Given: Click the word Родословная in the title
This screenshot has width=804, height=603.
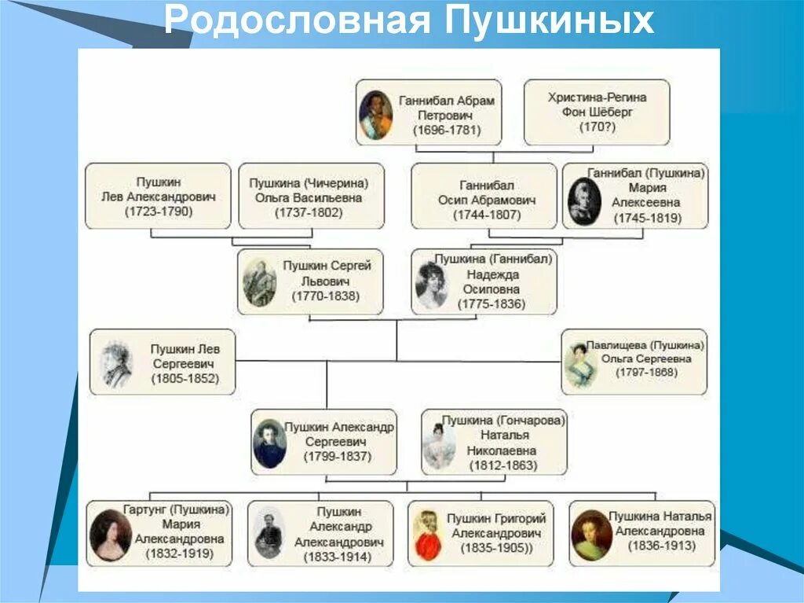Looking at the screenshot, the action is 298,21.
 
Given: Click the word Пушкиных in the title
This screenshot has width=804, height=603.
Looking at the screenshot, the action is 550,21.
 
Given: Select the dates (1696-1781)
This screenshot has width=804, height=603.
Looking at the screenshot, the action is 447,131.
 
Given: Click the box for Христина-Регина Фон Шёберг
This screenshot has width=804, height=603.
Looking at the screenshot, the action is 596,112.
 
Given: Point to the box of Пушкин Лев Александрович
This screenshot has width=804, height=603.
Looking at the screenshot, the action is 158,196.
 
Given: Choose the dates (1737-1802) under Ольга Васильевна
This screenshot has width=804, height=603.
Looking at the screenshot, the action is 311,212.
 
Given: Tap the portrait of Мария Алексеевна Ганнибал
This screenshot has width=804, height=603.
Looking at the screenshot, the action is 584,201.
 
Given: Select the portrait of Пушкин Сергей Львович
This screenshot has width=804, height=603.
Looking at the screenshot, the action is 259,282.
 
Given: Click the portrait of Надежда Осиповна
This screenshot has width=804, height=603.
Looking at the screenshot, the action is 432,284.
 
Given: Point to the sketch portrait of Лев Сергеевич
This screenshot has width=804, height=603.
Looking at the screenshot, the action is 117,363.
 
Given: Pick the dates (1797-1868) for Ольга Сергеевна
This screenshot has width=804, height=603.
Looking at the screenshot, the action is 646,371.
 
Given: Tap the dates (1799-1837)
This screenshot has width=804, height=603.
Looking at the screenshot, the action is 338,457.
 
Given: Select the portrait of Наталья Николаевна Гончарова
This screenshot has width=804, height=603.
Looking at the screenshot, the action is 438,446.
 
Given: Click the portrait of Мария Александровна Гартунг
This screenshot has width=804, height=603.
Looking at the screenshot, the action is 110,535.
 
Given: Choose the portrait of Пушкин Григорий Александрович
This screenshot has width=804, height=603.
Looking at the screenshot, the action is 427,535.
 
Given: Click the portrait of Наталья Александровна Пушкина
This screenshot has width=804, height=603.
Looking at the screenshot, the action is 591,535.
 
